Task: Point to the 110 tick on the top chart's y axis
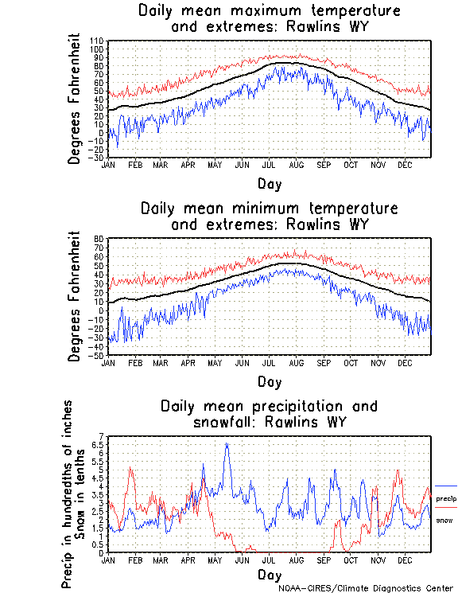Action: pyautogui.click(x=98, y=40)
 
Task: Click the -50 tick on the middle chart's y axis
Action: pyautogui.click(x=98, y=355)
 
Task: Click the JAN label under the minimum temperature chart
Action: pyautogui.click(x=108, y=362)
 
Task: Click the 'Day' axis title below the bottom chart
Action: pyautogui.click(x=269, y=574)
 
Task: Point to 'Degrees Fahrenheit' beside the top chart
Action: pyautogui.click(x=75, y=98)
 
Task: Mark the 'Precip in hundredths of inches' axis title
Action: pyautogui.click(x=68, y=494)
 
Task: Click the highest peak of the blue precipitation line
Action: pyautogui.click(x=227, y=444)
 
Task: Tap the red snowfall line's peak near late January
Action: pyautogui.click(x=130, y=469)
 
